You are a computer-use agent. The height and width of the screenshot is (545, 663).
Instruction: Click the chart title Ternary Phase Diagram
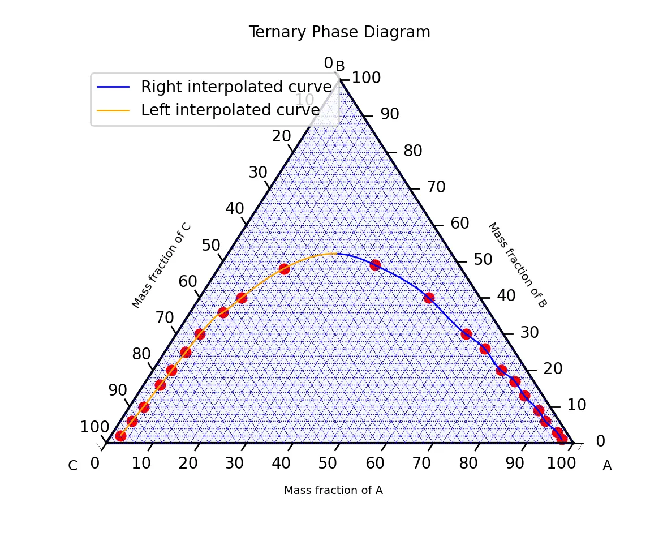coord(339,32)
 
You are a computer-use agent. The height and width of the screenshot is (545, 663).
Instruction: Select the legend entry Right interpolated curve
coord(235,87)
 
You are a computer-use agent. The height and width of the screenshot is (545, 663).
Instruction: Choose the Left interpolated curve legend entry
coord(230,110)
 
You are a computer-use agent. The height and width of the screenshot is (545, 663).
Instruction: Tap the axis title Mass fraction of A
coord(333,491)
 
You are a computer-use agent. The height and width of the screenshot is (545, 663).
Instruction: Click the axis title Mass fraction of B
coord(517,265)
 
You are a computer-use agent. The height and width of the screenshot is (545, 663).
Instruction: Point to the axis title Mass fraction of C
coord(162,265)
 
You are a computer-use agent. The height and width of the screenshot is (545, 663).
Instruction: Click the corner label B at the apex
coord(340,67)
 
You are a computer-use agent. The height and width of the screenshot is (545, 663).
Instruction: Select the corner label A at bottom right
coord(607,466)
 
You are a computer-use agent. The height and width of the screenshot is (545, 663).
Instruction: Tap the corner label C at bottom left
coord(72,466)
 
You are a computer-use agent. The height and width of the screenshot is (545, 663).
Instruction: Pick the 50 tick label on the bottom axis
coord(328,464)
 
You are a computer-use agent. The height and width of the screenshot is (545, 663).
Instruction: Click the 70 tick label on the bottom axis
coord(421,464)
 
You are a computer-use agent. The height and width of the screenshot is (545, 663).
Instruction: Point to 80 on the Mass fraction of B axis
coord(413,151)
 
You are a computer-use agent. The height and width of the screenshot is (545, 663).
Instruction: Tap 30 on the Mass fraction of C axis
coord(258,173)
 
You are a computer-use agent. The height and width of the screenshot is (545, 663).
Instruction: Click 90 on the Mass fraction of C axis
coord(118,390)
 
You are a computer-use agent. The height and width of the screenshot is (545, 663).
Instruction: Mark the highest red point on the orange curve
coord(284,269)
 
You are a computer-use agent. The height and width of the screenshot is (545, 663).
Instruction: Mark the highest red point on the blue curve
coord(375,265)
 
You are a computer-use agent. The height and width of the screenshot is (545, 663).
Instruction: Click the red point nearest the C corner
coord(120,436)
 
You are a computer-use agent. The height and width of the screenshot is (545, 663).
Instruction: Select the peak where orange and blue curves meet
coord(338,254)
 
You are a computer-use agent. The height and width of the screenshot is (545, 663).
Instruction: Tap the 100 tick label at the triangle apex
coord(367,78)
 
